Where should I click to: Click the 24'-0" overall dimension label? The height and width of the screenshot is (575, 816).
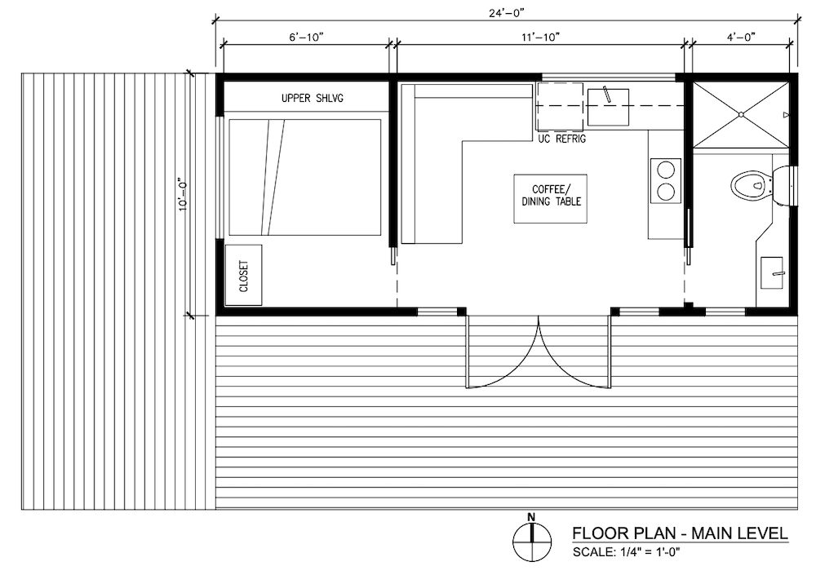click(506, 14)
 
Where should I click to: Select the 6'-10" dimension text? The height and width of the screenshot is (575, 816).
click(307, 38)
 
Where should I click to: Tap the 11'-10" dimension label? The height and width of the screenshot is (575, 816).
click(540, 38)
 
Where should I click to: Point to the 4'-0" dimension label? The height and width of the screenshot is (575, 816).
click(741, 38)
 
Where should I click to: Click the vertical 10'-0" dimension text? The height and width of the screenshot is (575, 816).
click(183, 195)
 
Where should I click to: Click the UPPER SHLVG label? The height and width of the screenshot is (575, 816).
click(313, 98)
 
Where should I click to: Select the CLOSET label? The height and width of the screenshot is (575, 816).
click(243, 276)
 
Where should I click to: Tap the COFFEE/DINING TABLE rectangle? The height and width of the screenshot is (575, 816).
click(551, 199)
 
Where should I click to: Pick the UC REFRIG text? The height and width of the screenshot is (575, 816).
click(562, 139)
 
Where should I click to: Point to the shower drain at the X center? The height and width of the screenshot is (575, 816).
click(741, 114)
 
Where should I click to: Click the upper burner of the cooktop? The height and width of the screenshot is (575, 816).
click(666, 170)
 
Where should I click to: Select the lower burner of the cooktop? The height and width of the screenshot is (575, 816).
click(666, 192)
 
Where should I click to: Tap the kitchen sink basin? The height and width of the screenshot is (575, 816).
click(609, 107)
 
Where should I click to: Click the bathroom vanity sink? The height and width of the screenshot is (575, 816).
click(772, 272)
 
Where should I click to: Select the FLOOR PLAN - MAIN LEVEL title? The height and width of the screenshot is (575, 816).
click(680, 533)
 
